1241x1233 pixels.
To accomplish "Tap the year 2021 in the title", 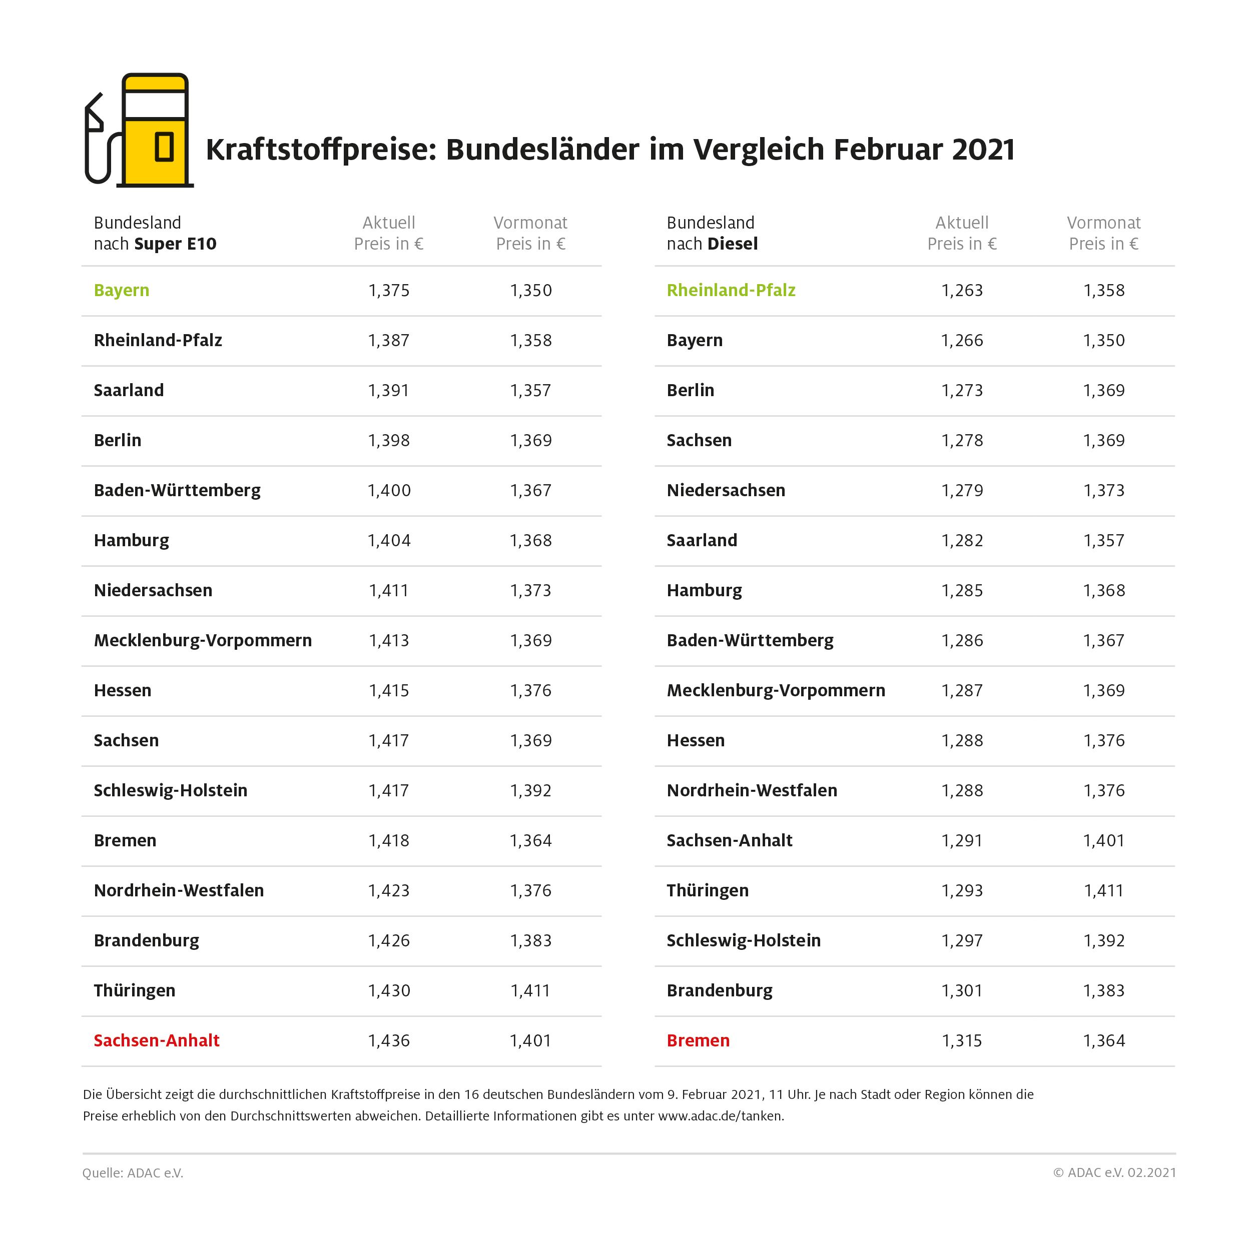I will click(983, 150).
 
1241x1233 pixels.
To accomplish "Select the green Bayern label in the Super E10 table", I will click(122, 290).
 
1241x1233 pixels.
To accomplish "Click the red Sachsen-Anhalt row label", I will click(157, 1040).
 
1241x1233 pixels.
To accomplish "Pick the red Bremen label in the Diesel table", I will click(698, 1040).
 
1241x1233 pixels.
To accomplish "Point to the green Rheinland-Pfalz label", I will click(731, 290).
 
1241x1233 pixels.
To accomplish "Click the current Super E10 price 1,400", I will click(389, 491).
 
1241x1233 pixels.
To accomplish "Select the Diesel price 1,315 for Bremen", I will click(962, 1040).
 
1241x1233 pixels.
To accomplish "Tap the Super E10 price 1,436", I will click(389, 1040).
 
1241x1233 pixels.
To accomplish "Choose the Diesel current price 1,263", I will click(962, 290).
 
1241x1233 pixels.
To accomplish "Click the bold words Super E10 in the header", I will click(175, 244).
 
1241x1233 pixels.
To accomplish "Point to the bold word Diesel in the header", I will click(733, 244).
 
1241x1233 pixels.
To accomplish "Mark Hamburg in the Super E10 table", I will click(132, 541).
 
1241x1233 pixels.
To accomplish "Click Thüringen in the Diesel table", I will click(707, 891).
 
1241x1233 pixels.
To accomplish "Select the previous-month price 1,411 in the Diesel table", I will click(1103, 891).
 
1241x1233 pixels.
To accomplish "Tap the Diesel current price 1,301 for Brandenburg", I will click(962, 990).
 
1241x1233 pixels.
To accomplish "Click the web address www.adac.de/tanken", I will click(720, 1116).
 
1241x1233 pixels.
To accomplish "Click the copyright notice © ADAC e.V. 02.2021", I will click(1114, 1172).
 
